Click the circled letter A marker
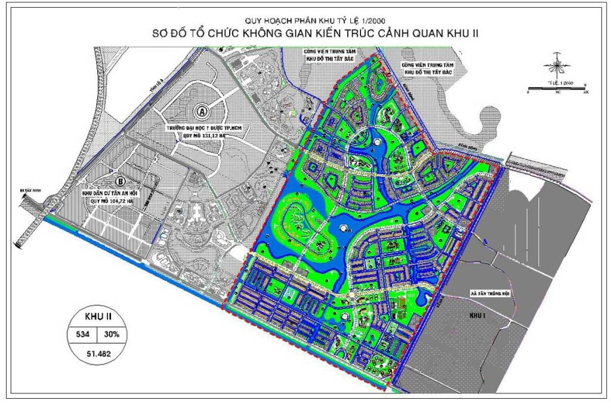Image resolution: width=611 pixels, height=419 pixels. [x=203, y=111]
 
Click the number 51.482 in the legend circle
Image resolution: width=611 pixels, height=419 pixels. [x=94, y=353]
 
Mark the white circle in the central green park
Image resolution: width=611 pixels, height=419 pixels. [x=342, y=228]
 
